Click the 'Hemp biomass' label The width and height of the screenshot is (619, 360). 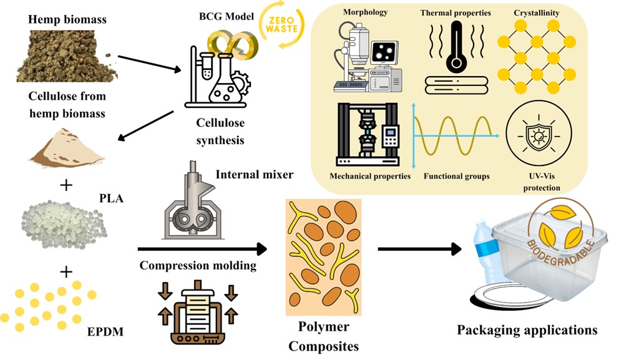coord(67,19)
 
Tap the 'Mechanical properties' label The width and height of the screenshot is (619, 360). coord(370,177)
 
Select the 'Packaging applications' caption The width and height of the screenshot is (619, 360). coord(526,329)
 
